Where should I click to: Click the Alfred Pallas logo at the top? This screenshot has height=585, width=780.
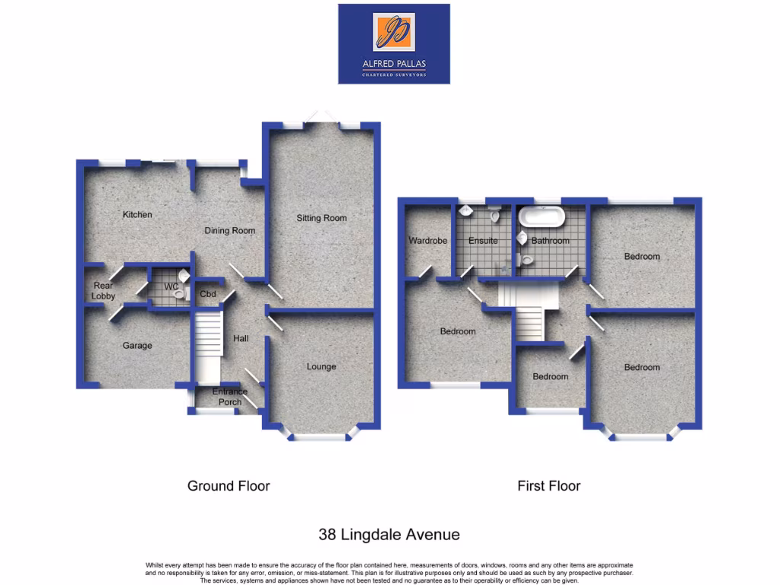(x=394, y=43)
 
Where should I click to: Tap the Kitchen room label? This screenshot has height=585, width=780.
(x=137, y=215)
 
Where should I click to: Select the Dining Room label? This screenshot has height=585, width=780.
(x=229, y=231)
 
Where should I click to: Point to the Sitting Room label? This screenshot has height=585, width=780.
(x=321, y=218)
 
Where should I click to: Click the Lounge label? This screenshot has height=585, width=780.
(x=321, y=366)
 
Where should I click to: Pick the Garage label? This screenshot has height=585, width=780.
(x=137, y=346)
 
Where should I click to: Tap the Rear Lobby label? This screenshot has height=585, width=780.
(x=103, y=291)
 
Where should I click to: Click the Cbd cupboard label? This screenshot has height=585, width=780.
(x=208, y=294)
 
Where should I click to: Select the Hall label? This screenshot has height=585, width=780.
(x=241, y=339)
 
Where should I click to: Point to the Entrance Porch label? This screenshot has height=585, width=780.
(x=230, y=397)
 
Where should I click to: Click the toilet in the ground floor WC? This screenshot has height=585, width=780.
(x=181, y=292)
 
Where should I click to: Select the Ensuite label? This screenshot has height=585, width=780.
(x=483, y=241)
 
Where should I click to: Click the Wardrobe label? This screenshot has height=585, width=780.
(x=428, y=241)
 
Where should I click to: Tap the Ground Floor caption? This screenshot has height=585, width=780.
(x=229, y=486)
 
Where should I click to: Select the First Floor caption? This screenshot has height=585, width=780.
(x=548, y=486)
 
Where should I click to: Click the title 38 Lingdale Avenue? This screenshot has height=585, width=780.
(x=388, y=535)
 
